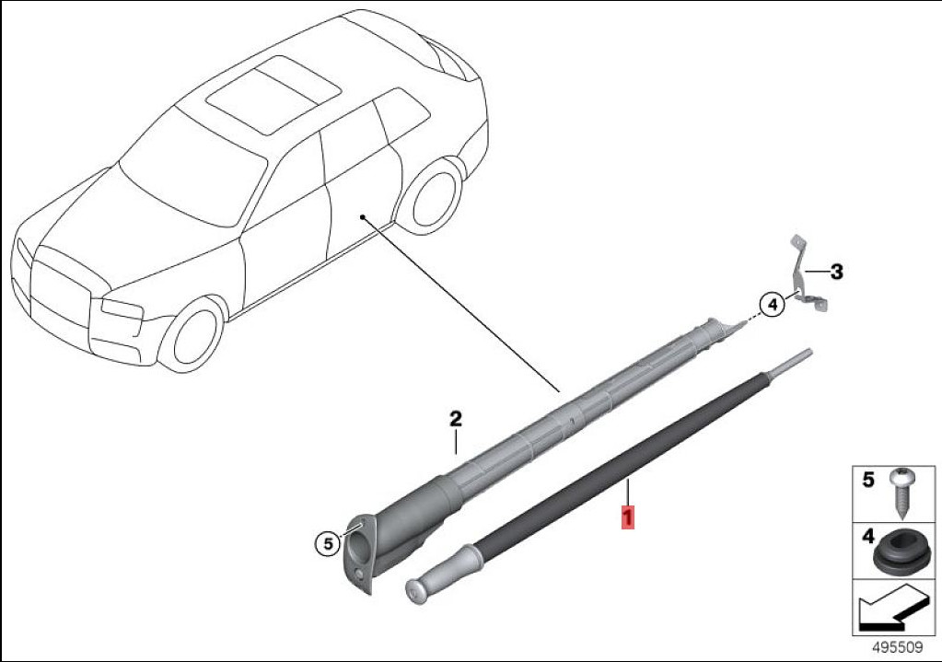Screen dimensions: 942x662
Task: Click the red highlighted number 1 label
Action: click(627, 517)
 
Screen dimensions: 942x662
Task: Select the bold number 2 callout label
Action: click(456, 419)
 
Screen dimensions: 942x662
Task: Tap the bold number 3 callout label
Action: click(836, 272)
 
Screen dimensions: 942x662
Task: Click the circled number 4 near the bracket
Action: click(773, 305)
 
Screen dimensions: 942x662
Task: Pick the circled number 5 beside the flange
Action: click(328, 544)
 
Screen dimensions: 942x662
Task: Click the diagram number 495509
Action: click(897, 648)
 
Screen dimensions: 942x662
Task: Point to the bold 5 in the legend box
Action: click(867, 481)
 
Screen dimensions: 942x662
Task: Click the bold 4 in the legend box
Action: click(868, 536)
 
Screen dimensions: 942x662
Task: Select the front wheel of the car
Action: click(195, 334)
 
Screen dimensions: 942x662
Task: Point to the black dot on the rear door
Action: click(362, 216)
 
